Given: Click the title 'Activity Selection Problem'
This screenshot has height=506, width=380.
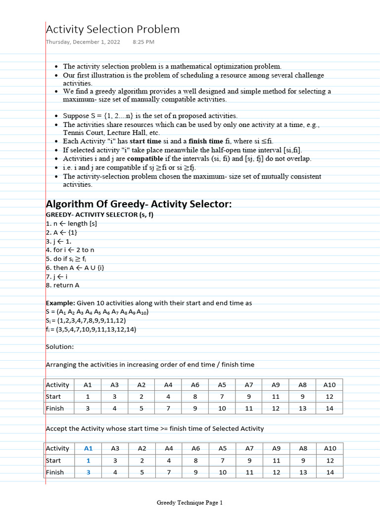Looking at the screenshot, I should [113, 30].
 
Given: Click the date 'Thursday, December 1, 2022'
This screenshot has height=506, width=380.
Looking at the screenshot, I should [83, 42].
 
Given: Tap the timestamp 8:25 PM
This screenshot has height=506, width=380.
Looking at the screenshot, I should [143, 42].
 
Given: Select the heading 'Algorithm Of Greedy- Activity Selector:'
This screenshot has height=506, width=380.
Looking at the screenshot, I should [139, 204].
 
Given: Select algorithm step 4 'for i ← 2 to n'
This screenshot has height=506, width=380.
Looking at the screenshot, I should [70, 250].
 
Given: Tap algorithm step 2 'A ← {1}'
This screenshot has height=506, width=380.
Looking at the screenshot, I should [61, 232].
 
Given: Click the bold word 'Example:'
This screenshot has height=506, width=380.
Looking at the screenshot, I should [60, 303].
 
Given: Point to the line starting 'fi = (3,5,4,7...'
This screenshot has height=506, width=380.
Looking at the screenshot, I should [91, 329].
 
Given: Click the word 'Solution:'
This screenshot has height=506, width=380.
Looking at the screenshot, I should [60, 347].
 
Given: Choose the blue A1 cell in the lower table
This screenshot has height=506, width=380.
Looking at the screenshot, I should [89, 448].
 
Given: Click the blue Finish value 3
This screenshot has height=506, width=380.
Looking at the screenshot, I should [89, 472].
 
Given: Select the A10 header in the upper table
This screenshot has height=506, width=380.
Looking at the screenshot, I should [330, 384].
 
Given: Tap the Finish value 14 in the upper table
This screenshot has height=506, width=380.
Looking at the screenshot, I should [330, 408].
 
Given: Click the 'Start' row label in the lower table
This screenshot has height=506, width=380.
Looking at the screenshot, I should [53, 460].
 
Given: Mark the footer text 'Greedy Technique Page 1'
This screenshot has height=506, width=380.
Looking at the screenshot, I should [190, 503].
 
